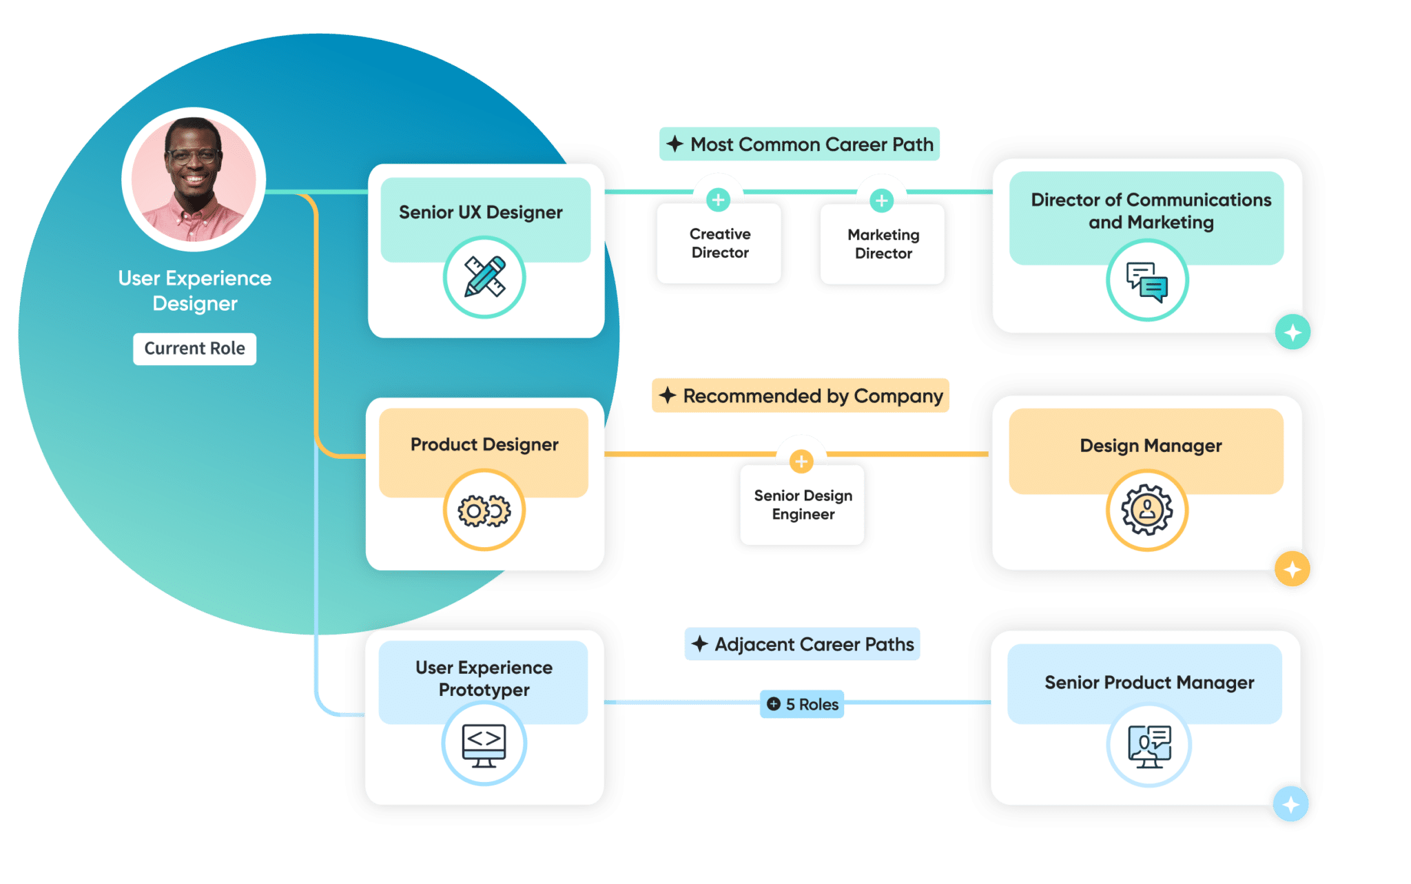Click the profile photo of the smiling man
tap(194, 179)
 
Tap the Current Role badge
tap(194, 349)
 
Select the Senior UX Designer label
tap(480, 212)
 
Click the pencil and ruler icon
tap(484, 277)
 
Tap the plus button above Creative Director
tap(719, 200)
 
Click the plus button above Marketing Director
tap(881, 201)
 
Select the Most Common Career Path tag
tap(799, 145)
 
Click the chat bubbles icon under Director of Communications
tap(1147, 280)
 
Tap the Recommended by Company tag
tap(800, 396)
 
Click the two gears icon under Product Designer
tap(484, 511)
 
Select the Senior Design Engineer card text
tap(803, 505)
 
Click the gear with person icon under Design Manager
tap(1147, 510)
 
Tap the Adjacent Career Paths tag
tap(802, 644)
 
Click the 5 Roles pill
tap(802, 704)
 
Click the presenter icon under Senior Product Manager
tap(1149, 746)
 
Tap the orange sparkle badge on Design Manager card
tap(1292, 570)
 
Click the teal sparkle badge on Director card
tap(1292, 333)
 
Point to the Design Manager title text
tap(1151, 446)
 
